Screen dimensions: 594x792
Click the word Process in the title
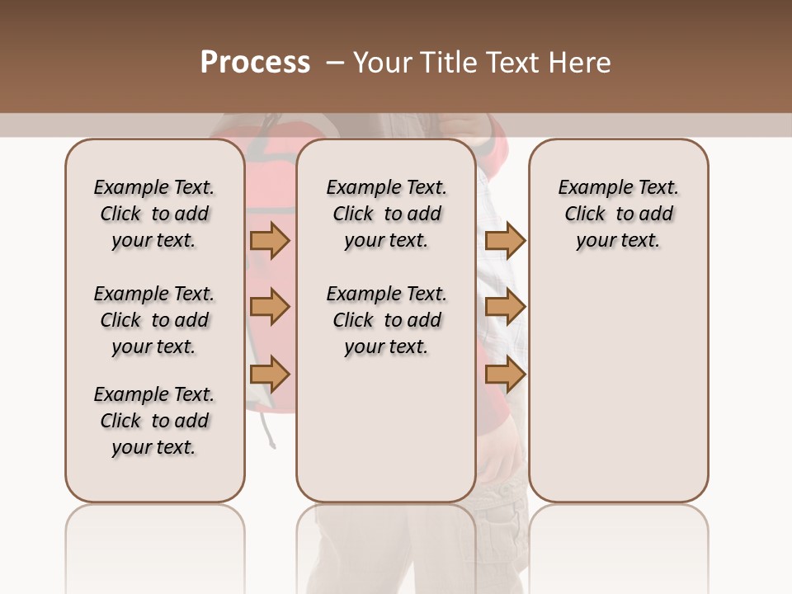[x=255, y=63]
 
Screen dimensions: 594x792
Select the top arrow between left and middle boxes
[x=270, y=240]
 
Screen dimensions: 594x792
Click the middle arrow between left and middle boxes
[x=270, y=307]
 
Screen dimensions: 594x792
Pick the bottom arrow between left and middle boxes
[x=270, y=375]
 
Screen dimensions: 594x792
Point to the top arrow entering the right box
[x=505, y=240]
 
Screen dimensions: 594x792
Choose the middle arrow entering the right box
[x=505, y=307]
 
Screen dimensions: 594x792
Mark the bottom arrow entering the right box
[x=505, y=375]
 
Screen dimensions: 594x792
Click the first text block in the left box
[x=154, y=214]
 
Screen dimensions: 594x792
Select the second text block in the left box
[x=154, y=320]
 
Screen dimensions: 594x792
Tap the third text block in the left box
[x=154, y=421]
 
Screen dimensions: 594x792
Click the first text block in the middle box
[x=386, y=214]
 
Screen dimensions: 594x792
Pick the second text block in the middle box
[x=386, y=320]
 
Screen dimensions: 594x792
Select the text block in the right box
[x=618, y=214]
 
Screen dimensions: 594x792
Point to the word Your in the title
[x=382, y=63]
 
